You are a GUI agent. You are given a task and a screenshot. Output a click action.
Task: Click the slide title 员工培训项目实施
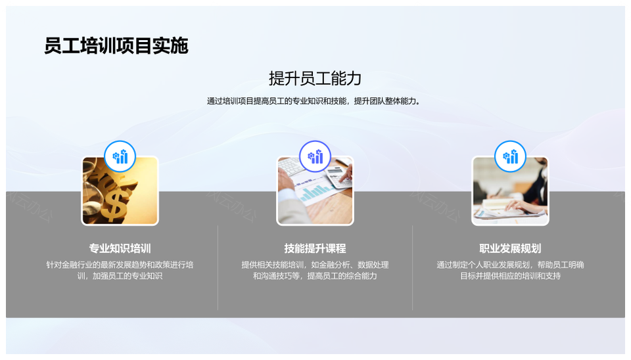click(x=116, y=45)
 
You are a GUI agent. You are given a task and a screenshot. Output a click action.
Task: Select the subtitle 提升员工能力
click(x=315, y=78)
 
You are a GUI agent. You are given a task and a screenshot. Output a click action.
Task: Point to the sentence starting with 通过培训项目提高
click(x=314, y=101)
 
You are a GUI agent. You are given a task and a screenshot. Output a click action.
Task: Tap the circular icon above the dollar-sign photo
click(x=120, y=156)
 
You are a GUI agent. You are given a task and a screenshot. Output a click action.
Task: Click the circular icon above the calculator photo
click(x=315, y=156)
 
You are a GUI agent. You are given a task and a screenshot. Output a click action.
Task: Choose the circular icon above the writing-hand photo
click(x=510, y=156)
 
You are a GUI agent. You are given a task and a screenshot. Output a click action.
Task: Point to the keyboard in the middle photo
click(x=292, y=166)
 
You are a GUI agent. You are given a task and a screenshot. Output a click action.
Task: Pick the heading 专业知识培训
click(x=120, y=248)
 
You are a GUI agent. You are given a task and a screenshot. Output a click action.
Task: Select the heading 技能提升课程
click(x=315, y=248)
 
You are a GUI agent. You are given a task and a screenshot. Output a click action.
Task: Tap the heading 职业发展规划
click(x=510, y=248)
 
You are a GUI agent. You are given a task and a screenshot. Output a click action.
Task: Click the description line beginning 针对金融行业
click(x=120, y=265)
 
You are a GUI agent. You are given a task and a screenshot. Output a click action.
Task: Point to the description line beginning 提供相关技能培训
click(x=315, y=265)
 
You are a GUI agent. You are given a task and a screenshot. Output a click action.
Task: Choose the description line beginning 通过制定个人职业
click(x=510, y=265)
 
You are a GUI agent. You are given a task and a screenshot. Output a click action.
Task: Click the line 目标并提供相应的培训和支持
click(x=510, y=276)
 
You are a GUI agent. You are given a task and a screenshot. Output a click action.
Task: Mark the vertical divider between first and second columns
click(x=218, y=267)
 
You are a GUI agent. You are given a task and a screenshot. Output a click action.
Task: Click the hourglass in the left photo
click(x=92, y=189)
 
